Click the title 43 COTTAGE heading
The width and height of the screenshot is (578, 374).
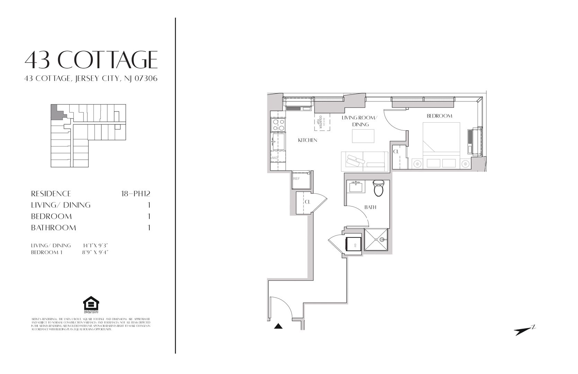(91, 60)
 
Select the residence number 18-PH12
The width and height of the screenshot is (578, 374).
(135, 194)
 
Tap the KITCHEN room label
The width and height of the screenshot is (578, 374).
(308, 140)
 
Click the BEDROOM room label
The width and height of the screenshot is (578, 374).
(439, 116)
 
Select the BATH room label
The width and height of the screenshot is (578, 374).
(370, 207)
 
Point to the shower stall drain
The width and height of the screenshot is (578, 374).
(382, 239)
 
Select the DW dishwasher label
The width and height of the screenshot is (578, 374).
(274, 158)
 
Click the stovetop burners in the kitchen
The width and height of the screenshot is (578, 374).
(278, 125)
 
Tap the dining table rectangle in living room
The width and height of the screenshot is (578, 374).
(363, 136)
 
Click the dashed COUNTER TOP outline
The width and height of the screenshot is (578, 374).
(322, 122)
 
